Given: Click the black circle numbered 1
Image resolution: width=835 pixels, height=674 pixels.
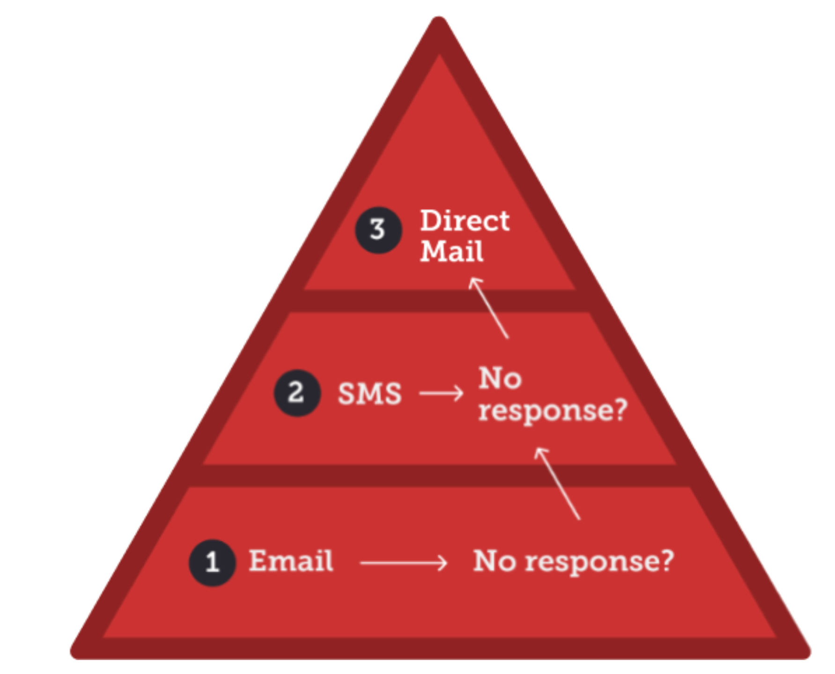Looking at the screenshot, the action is click(212, 562).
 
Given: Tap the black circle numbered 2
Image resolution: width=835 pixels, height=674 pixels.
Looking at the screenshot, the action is click(297, 393).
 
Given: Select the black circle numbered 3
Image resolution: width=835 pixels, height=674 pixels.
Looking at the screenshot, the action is click(378, 230).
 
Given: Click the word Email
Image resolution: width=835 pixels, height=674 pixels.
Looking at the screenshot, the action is click(291, 561).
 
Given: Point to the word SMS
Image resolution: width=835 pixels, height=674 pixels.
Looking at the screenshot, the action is click(369, 394).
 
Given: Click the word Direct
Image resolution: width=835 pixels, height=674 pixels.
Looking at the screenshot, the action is click(464, 221).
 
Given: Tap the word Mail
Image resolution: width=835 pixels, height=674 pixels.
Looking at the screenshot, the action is click(451, 251).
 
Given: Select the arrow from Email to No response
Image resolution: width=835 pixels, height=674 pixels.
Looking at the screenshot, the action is click(404, 563).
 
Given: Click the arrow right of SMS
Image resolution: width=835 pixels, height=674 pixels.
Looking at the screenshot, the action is click(441, 394).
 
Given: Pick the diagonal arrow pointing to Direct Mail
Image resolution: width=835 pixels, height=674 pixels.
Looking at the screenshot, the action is click(489, 308).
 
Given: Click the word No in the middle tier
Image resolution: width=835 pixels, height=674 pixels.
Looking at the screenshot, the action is click(500, 378).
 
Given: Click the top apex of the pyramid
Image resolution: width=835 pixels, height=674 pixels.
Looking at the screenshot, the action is click(439, 23).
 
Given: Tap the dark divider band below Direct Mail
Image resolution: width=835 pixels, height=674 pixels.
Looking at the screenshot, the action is click(439, 301).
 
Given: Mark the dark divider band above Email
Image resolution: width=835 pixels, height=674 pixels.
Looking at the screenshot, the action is click(439, 476).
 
